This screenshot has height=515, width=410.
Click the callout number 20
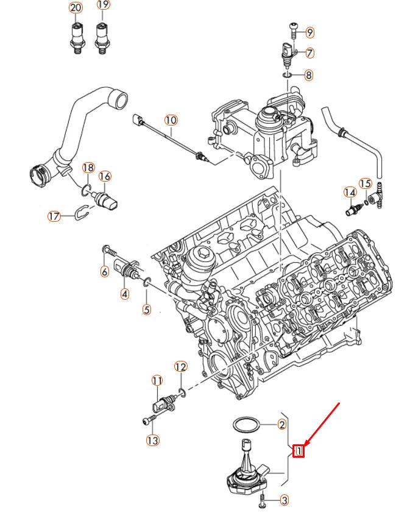click(76, 8)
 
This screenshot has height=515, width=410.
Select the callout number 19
click(103, 6)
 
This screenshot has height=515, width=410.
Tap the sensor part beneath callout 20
click(76, 38)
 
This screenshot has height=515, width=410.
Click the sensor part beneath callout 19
click(102, 38)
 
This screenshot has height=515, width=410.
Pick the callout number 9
click(309, 32)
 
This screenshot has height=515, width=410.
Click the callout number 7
click(309, 53)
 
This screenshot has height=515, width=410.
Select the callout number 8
click(309, 76)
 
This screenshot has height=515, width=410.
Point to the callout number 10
click(171, 120)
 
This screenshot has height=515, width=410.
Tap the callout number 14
click(350, 193)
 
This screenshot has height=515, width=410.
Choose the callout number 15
click(365, 183)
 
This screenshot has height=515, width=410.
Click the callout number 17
click(54, 216)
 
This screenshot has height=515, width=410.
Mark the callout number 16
click(105, 177)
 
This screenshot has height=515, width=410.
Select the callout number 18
click(88, 168)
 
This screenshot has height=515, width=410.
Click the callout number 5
click(146, 310)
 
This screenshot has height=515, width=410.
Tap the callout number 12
click(180, 367)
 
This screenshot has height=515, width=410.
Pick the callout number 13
click(152, 439)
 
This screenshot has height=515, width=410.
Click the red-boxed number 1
click(299, 451)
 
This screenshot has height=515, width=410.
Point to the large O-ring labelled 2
click(245, 425)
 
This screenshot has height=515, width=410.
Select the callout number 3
click(283, 500)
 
